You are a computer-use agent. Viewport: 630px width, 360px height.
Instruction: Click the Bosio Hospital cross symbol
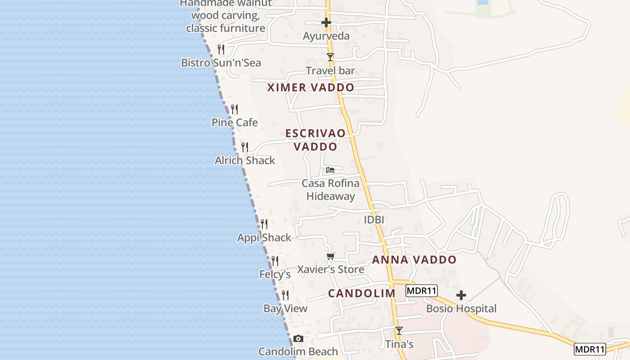461,295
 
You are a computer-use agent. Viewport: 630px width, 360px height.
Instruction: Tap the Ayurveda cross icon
326,22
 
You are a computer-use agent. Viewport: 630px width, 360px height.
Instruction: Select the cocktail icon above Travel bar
330,57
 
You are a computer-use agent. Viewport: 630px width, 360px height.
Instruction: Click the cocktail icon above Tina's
399,330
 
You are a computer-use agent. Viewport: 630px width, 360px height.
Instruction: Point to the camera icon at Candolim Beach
298,338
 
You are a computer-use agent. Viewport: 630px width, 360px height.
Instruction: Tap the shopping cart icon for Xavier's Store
331,256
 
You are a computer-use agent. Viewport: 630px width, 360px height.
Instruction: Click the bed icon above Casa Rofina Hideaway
330,170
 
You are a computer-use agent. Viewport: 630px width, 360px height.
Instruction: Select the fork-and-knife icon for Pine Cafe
234,109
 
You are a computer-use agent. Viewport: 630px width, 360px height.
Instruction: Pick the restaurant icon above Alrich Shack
245,147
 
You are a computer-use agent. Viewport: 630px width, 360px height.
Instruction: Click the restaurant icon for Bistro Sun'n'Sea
220,49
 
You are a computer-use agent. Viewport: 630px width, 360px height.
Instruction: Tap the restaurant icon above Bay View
285,295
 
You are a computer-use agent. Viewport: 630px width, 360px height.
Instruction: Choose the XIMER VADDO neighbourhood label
310,87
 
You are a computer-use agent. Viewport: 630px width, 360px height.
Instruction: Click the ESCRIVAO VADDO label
315,139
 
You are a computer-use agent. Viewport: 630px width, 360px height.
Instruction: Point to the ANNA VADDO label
414,260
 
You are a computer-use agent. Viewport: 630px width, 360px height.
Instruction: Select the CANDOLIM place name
361,293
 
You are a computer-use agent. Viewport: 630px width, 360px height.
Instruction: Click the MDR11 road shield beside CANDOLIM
422,291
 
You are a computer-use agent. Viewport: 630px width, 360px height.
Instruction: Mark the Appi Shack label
264,238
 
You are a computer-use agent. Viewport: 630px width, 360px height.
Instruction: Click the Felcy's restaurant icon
274,261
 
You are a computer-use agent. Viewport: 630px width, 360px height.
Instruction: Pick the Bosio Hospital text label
461,309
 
